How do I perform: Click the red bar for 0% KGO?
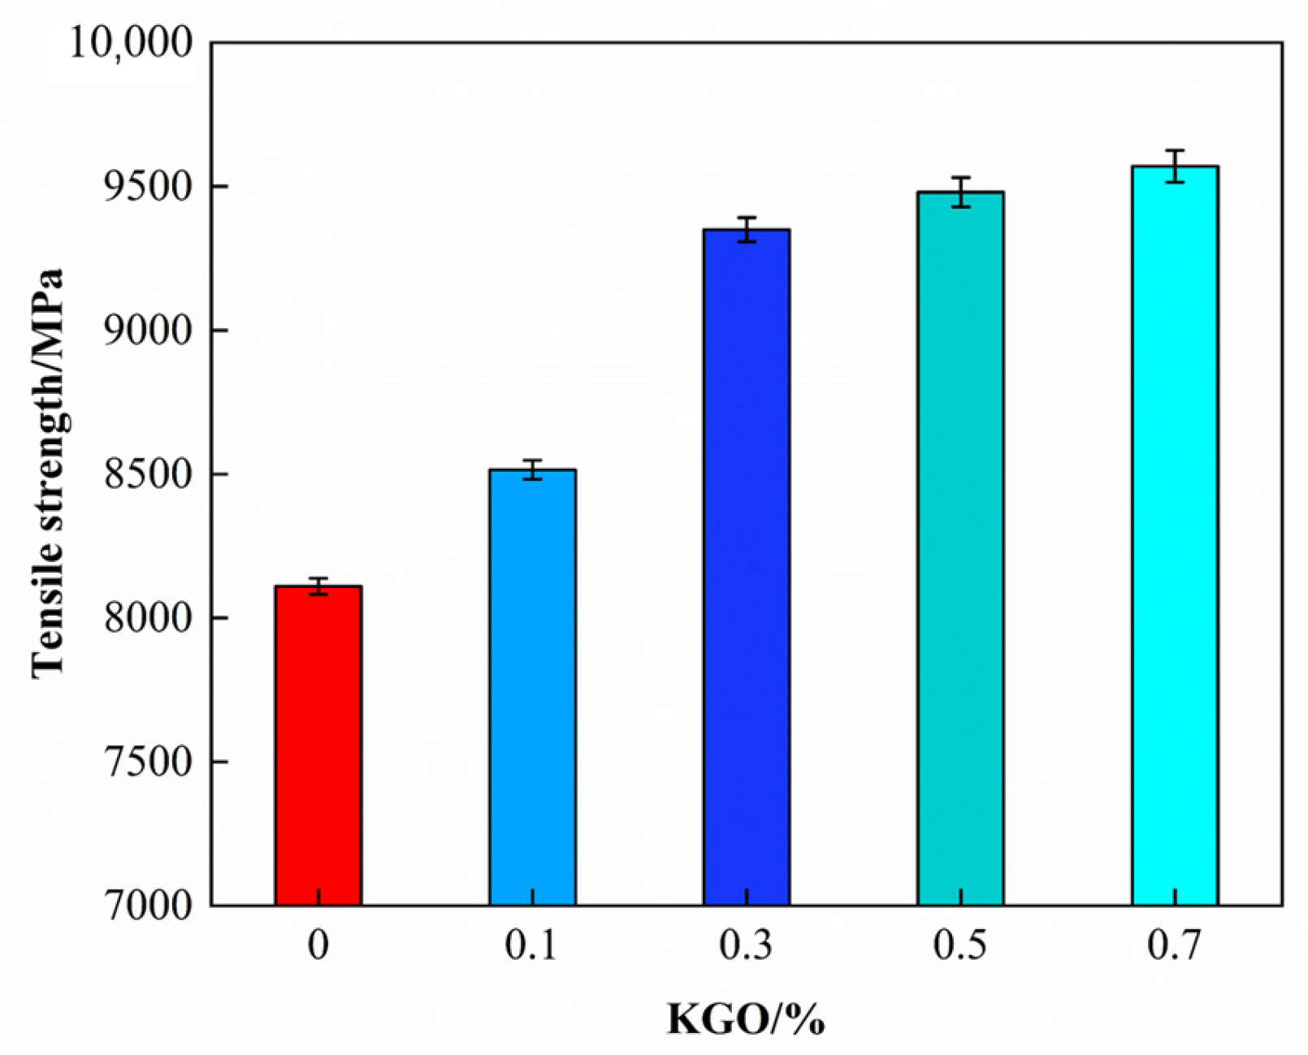click(318, 745)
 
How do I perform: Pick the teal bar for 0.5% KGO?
click(960, 548)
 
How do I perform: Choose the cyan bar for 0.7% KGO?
click(1175, 535)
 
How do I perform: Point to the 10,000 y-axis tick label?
click(132, 42)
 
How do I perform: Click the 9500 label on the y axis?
click(150, 187)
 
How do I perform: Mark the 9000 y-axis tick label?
click(150, 331)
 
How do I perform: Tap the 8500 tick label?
click(150, 474)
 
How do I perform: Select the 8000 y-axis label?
click(150, 618)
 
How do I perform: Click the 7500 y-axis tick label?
click(150, 762)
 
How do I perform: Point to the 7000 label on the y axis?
click(150, 905)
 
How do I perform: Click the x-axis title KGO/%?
click(746, 1018)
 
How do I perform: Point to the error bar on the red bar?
click(318, 586)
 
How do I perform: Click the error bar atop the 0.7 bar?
click(1175, 166)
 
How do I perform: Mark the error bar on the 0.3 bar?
click(747, 230)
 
